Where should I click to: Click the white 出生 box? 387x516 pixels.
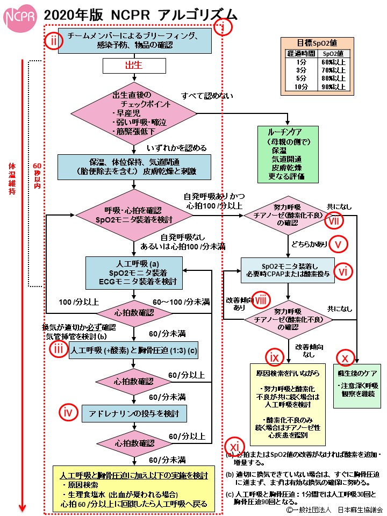[x=133, y=66]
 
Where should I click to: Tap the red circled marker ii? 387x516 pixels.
[x=54, y=41]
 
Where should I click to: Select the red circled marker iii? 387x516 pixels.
[x=58, y=349]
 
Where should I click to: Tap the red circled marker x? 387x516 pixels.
[x=345, y=357]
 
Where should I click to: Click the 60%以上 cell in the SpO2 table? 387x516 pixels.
[x=335, y=62]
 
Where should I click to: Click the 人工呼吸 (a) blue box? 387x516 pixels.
[x=133, y=272]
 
